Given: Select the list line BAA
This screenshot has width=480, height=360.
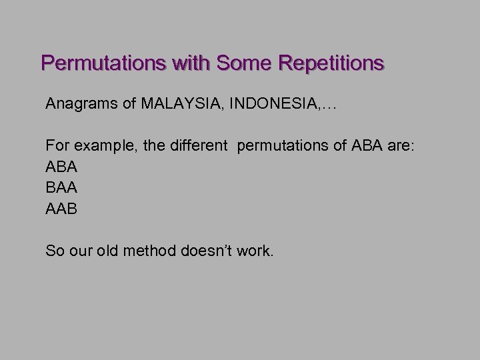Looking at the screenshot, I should pos(61,188).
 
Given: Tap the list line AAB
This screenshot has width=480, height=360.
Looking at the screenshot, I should pos(61,209).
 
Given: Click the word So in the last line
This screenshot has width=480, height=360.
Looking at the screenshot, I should pos(54,251).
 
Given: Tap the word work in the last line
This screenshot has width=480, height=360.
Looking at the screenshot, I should pos(254,251).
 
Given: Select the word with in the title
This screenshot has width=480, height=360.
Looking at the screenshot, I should pos(179,63).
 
